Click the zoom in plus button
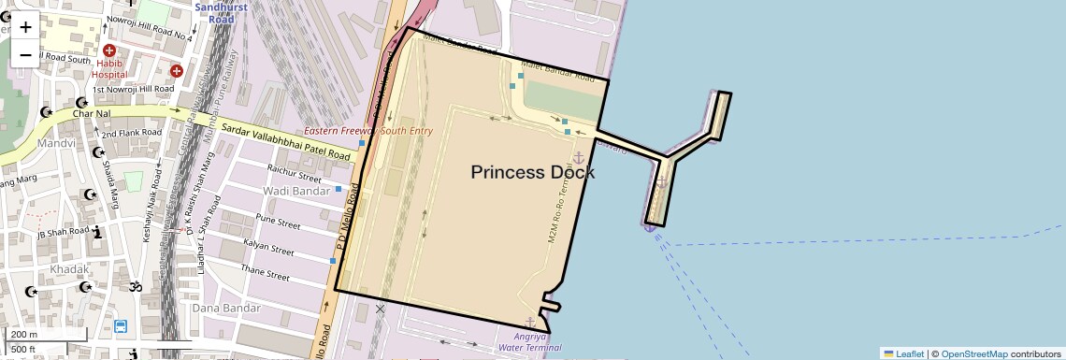[25, 26]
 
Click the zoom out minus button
[25, 54]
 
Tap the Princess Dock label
[532, 172]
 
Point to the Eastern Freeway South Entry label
[368, 131]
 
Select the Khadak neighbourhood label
[70, 269]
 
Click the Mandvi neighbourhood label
[56, 144]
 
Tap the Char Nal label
[91, 114]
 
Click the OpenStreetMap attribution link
[973, 353]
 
